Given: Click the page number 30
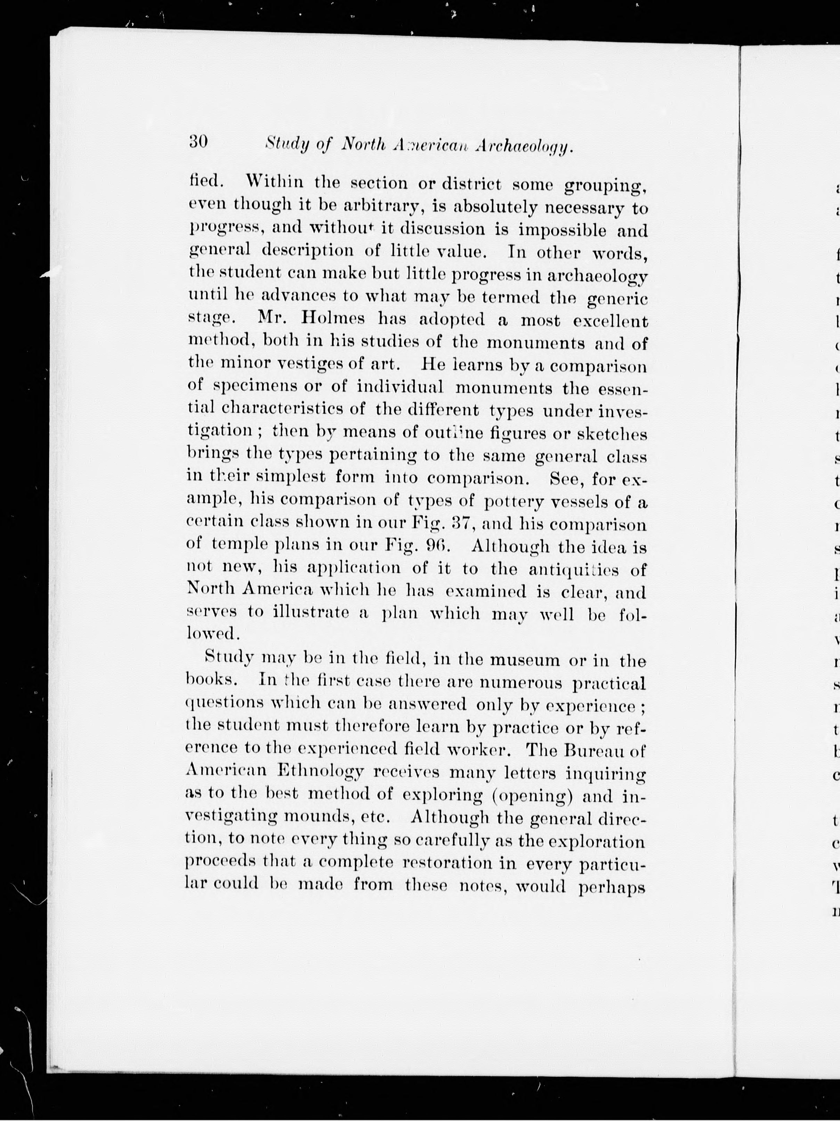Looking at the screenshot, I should [198, 142].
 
